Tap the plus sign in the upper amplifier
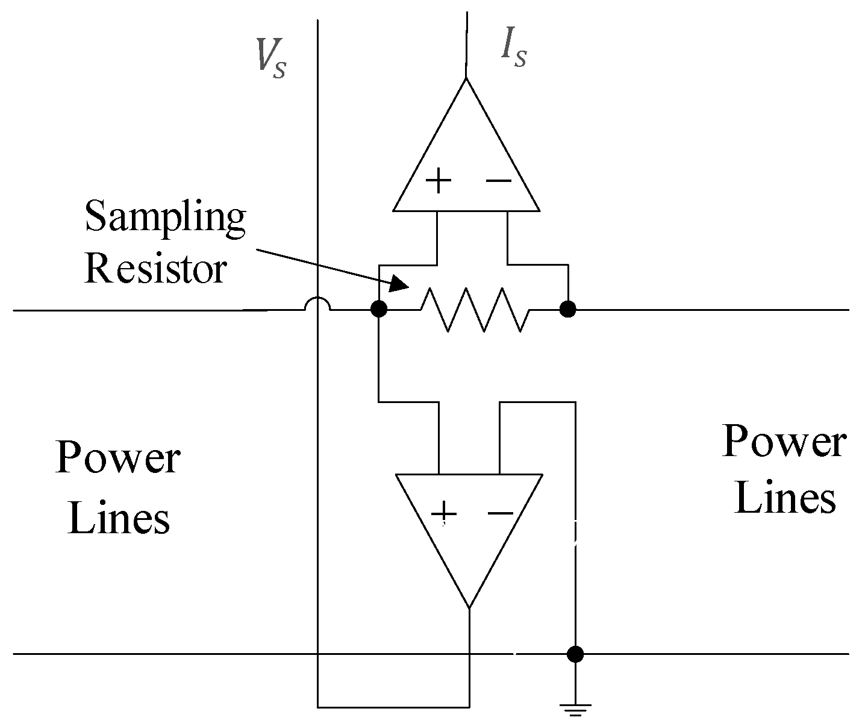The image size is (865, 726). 439,180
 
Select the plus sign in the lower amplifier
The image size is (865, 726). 444,513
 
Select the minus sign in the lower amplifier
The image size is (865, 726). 500,513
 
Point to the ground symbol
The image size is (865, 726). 576,709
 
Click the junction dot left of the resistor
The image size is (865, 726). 378,310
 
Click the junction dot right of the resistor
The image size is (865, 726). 567,310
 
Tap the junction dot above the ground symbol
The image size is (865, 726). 576,654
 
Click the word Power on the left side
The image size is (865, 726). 117,457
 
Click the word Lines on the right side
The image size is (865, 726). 785,499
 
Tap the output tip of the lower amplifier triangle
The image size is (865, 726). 469,607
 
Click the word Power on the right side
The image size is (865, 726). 784,441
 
